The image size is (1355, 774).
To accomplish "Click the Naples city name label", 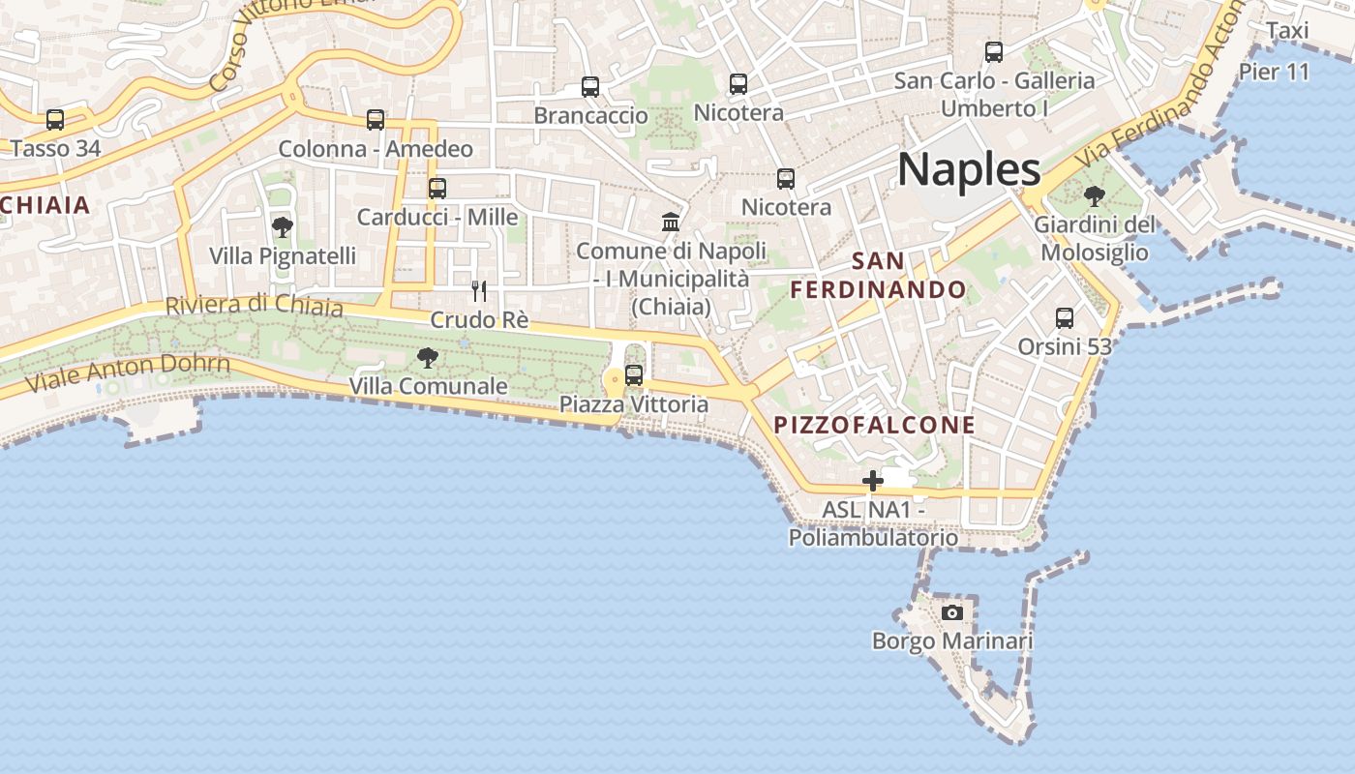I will [x=969, y=169].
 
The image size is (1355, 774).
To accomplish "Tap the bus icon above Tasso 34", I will [x=55, y=120].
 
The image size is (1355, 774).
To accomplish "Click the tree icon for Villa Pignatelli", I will [x=283, y=228].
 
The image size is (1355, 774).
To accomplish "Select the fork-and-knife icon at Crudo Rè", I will [x=478, y=290].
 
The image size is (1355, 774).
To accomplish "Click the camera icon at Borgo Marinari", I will [x=952, y=612].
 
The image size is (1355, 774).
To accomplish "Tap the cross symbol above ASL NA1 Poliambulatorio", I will [x=873, y=481].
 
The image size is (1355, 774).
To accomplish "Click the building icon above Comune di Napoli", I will [x=671, y=223].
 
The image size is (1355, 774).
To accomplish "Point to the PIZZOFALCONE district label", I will [x=875, y=426].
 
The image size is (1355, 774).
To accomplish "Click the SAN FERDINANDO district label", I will [x=879, y=276].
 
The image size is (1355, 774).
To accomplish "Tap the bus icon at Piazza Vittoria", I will [x=634, y=375].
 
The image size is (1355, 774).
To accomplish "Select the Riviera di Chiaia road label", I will [x=254, y=306].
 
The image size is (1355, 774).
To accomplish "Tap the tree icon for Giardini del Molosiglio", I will [x=1095, y=196].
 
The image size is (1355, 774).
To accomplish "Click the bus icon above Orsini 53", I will [x=1065, y=317].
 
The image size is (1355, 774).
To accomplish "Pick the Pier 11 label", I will [x=1274, y=72].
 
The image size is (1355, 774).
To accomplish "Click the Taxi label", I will [x=1287, y=31].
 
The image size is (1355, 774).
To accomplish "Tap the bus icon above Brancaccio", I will [x=590, y=87].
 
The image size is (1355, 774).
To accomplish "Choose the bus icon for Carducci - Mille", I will [x=437, y=188].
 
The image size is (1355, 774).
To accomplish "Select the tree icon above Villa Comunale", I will [x=428, y=358].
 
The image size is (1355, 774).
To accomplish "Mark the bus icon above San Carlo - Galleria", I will [x=994, y=52].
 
